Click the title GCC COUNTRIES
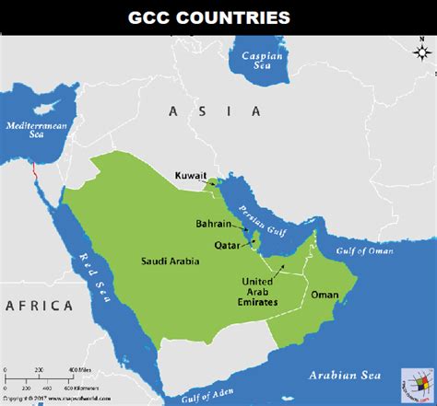218,17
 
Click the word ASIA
213,110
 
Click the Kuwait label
193,175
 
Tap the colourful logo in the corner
416,385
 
